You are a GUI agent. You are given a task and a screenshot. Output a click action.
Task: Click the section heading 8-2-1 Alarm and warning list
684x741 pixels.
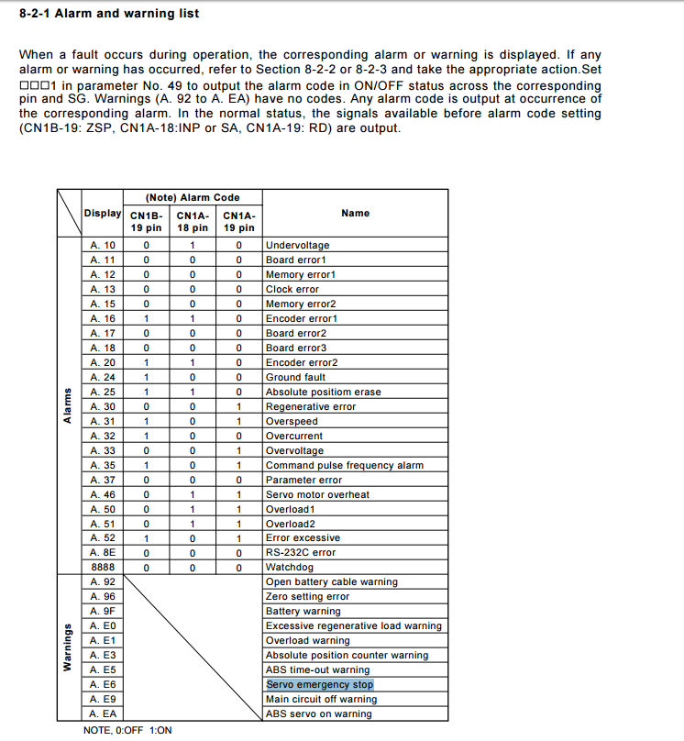[x=109, y=14]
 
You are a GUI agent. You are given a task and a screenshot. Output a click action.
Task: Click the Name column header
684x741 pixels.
[x=355, y=213]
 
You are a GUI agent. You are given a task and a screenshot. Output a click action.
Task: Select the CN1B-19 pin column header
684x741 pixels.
[x=146, y=222]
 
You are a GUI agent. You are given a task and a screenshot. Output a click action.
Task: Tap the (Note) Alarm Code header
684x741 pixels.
[x=193, y=197]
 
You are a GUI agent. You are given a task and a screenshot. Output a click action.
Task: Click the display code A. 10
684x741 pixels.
[x=104, y=246]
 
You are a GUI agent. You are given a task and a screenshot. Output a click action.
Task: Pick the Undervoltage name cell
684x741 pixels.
[x=297, y=246]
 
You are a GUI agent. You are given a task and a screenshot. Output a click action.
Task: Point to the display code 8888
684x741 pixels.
[x=104, y=568]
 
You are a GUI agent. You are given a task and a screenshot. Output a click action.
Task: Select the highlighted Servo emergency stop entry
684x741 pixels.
[x=320, y=685]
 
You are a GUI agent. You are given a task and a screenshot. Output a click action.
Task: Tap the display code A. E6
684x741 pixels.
[x=104, y=685]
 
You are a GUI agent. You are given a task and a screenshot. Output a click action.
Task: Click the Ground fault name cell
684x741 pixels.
[x=295, y=377]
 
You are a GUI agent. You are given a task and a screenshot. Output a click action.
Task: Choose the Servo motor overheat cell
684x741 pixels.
[x=317, y=494]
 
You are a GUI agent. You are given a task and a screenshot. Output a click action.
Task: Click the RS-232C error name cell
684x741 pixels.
[x=300, y=553]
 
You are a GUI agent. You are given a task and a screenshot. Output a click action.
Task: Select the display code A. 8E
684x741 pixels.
[x=104, y=553]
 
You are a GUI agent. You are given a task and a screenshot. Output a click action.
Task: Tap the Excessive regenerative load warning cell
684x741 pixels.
[x=353, y=626]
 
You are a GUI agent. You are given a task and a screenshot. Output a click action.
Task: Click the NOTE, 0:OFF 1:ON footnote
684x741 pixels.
[x=127, y=730]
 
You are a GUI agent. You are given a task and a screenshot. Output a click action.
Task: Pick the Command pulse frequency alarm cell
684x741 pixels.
[x=344, y=465]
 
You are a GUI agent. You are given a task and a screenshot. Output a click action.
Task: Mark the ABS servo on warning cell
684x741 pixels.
[x=318, y=714]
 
